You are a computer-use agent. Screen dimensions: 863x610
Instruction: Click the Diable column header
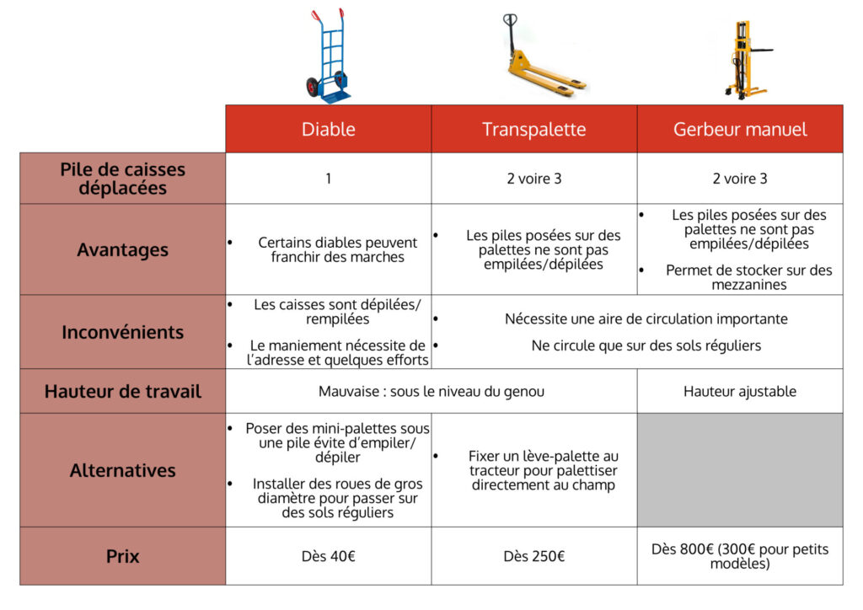click(329, 129)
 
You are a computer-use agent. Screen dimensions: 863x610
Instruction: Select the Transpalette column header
click(534, 129)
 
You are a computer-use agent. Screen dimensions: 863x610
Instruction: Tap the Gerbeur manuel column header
click(740, 129)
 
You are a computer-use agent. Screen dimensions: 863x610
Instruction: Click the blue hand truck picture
click(328, 56)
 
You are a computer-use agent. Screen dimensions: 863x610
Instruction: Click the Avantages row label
click(123, 249)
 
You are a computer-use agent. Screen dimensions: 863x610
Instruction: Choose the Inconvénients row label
click(123, 332)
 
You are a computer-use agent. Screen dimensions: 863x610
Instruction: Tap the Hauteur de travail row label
click(123, 391)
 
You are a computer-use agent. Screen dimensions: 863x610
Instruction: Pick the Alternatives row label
click(123, 470)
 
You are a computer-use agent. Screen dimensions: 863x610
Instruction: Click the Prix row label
click(123, 556)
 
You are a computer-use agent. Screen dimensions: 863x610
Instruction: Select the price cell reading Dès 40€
click(329, 556)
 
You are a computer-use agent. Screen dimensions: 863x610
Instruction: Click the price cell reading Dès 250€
click(534, 556)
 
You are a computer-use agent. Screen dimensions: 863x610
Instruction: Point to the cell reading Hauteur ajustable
click(740, 391)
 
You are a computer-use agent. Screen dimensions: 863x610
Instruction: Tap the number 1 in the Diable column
click(329, 179)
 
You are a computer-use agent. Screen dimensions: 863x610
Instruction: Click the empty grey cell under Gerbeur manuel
click(740, 470)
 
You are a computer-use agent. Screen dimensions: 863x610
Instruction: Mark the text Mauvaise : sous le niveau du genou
click(431, 392)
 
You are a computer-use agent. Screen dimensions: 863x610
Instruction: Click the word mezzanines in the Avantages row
click(749, 285)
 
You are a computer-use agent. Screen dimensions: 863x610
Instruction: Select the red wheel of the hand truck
click(313, 87)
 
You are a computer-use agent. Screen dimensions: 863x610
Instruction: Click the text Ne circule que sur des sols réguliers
click(646, 346)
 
